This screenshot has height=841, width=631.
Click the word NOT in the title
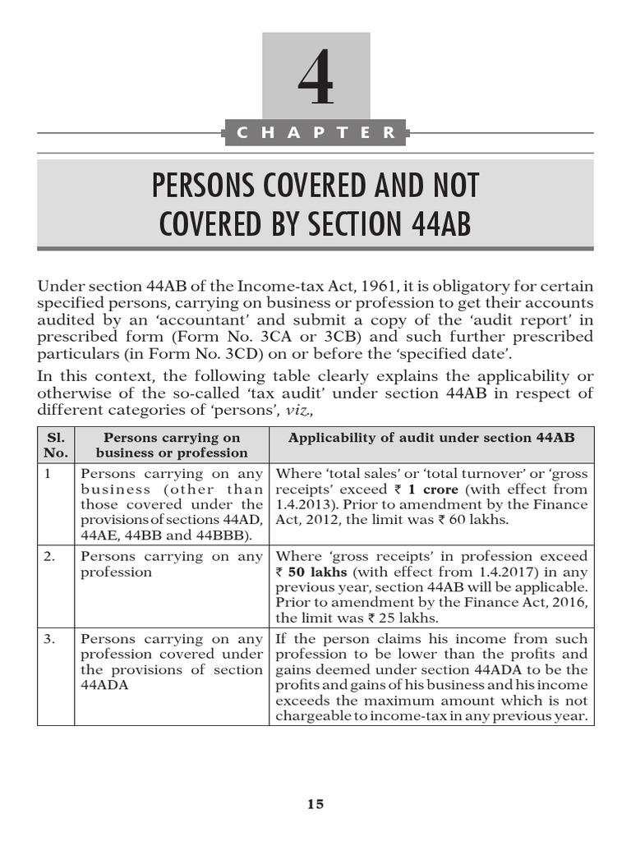(x=449, y=186)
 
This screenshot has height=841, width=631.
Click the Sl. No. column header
(x=55, y=444)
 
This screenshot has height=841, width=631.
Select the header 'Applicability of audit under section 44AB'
(x=431, y=437)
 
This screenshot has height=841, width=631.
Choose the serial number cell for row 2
(x=50, y=556)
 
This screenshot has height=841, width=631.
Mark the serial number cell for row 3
(x=50, y=638)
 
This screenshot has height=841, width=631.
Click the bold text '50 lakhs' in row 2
(x=315, y=572)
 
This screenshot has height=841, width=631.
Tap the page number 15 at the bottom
(x=315, y=804)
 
